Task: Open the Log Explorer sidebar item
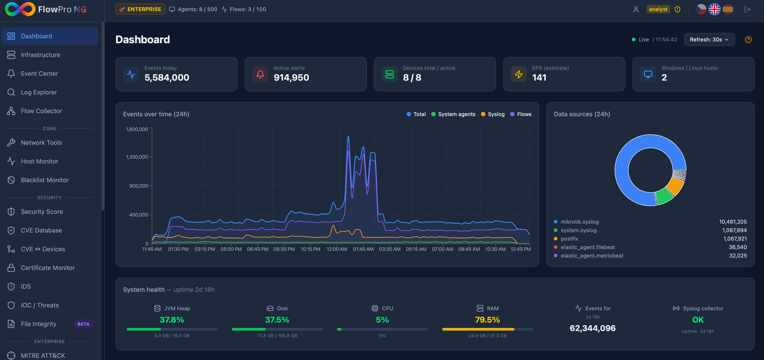(x=39, y=92)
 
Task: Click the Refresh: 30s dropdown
(x=709, y=40)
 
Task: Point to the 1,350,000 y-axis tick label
(x=137, y=157)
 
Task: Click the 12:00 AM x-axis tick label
(x=337, y=249)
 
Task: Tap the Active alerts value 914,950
(x=291, y=78)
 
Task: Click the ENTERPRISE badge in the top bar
(x=140, y=9)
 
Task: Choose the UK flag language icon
(x=714, y=9)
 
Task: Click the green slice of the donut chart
(x=664, y=196)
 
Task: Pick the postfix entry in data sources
(x=569, y=239)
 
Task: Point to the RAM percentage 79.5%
(x=487, y=320)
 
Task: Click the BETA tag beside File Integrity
(x=83, y=324)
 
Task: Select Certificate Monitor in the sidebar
(x=48, y=268)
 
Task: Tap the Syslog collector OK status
(x=698, y=320)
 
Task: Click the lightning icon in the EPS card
(x=519, y=74)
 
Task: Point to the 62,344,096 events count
(x=592, y=329)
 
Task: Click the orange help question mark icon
(x=748, y=40)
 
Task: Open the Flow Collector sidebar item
(x=41, y=111)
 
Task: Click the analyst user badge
(x=658, y=9)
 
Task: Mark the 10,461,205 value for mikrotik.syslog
(x=733, y=222)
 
